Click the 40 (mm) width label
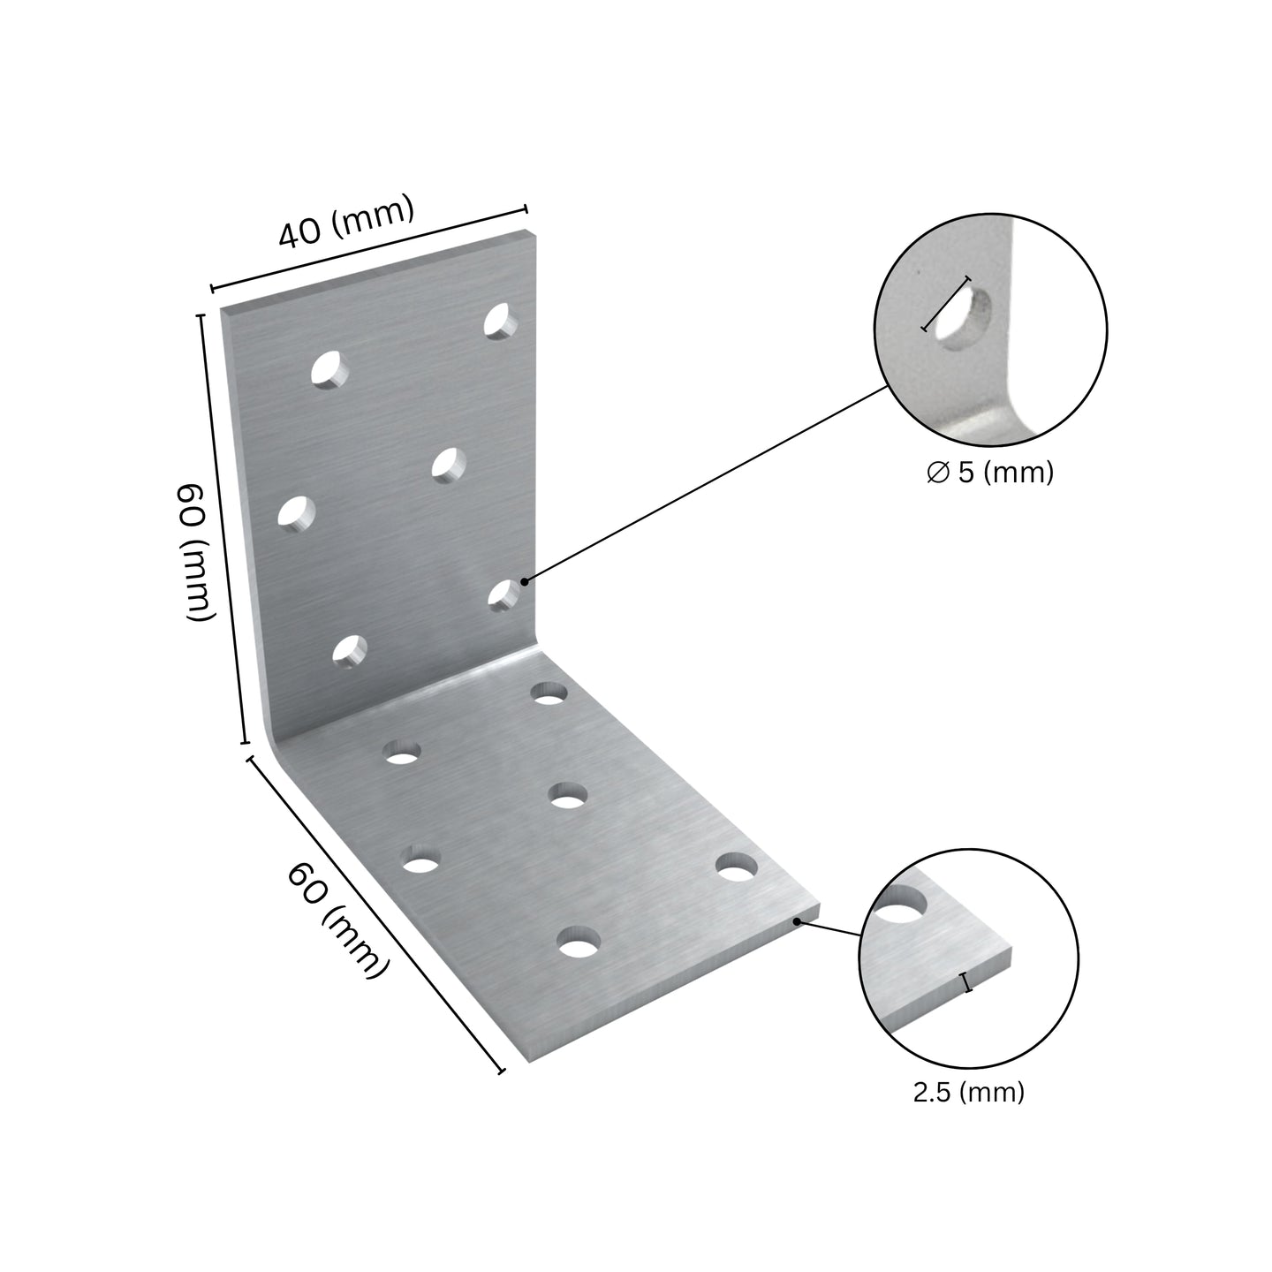pos(346,222)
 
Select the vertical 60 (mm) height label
pos(196,552)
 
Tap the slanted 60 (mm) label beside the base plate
pos(337,922)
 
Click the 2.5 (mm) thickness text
pos(968,1092)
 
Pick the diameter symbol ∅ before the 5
pos(937,473)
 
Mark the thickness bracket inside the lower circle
pos(968,981)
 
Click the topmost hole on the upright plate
pos(500,321)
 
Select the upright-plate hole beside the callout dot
pos(503,596)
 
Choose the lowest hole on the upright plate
pos(349,652)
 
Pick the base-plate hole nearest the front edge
pos(579,942)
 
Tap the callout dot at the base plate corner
pos(798,920)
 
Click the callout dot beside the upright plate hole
pos(525,581)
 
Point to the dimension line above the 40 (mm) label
pos(368,248)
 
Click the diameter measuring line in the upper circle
pos(946,303)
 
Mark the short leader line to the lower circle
pos(829,928)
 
